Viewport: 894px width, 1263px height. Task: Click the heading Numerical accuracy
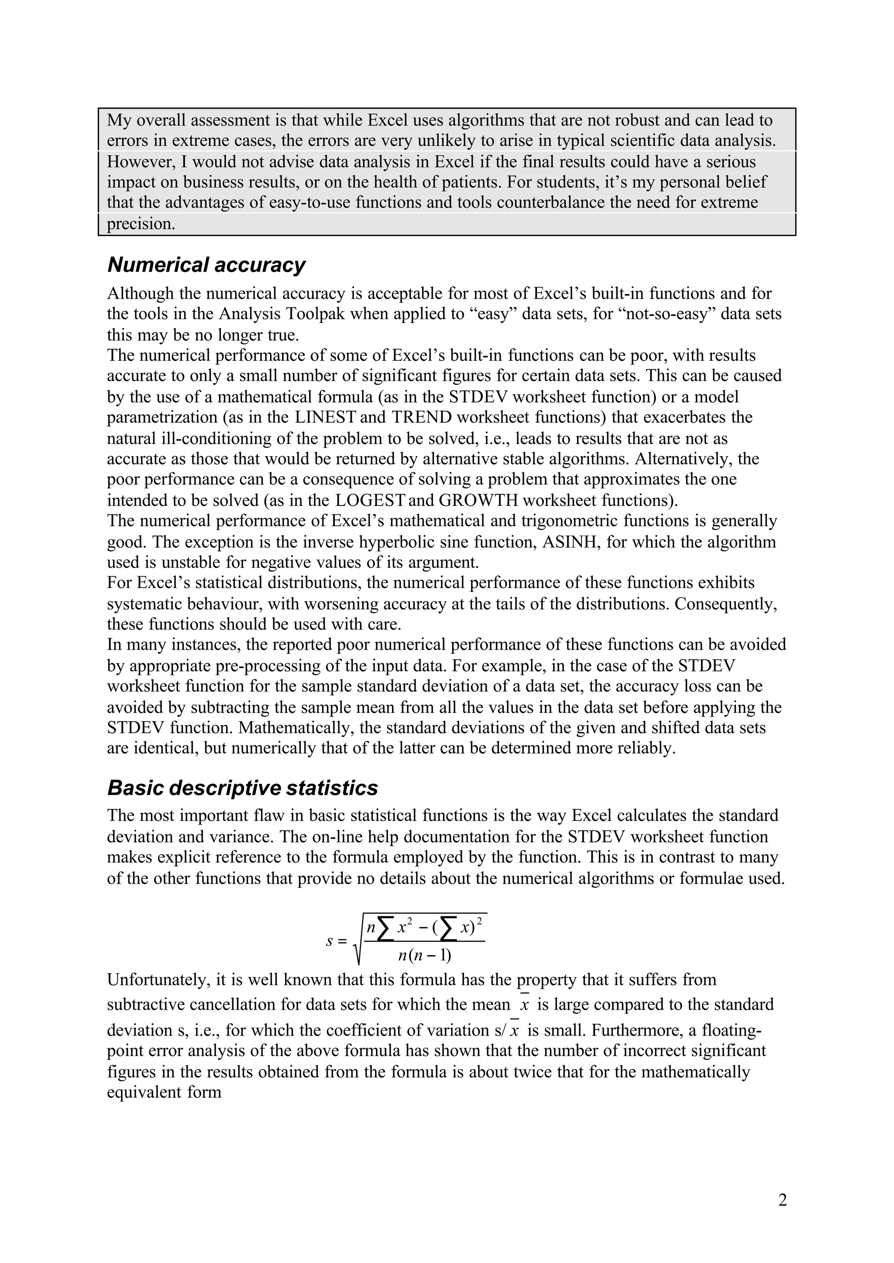click(x=206, y=265)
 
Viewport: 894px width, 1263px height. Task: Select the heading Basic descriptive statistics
click(x=242, y=788)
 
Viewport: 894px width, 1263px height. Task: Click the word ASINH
click(x=570, y=542)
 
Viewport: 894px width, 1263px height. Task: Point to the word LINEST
click(x=325, y=417)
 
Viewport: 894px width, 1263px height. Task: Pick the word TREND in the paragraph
click(x=420, y=417)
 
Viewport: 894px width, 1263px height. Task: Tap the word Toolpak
click(x=314, y=314)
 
